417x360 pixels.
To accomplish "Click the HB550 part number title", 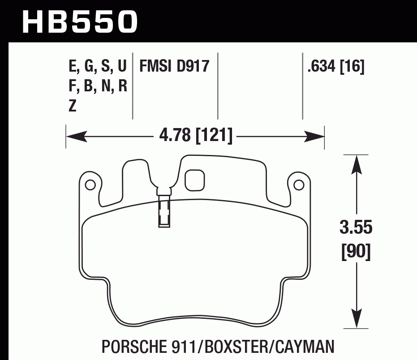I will click(80, 21).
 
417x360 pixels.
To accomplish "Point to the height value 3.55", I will click(356, 228).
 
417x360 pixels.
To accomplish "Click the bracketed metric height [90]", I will click(356, 253).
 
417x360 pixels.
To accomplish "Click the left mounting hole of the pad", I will click(90, 184).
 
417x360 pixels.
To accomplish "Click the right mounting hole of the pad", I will click(299, 184).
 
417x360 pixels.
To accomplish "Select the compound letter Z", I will click(73, 106).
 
